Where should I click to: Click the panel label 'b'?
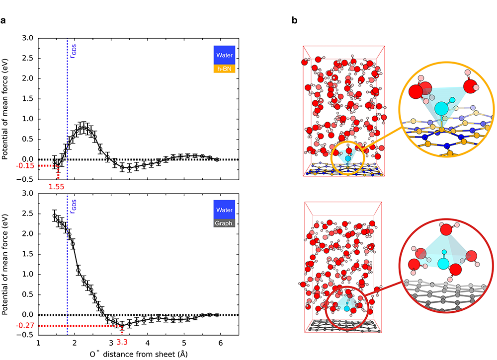coord(295,21)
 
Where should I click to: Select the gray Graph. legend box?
coord(224,223)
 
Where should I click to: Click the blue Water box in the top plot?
coord(224,56)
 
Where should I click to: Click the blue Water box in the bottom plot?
coord(224,210)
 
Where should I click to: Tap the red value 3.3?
coord(121,342)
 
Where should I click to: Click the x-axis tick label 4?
coord(147,343)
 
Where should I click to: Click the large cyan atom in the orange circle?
coord(440,108)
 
